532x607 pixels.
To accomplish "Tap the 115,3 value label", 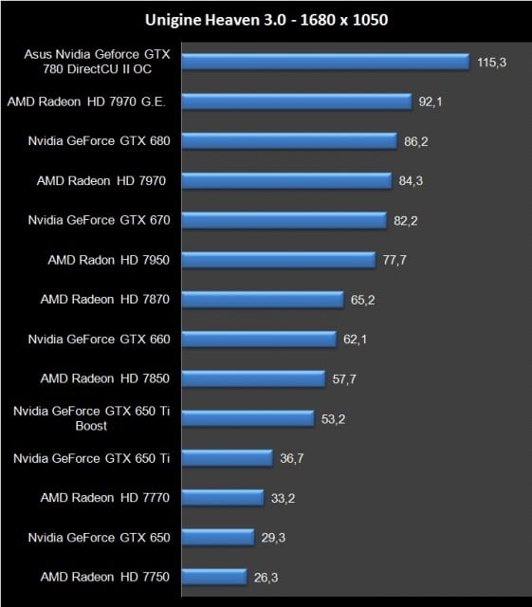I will (x=490, y=61).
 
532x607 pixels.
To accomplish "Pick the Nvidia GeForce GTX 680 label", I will (x=99, y=140).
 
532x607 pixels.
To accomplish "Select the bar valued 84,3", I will (x=285, y=180).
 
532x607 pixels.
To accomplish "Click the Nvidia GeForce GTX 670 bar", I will (x=284, y=220).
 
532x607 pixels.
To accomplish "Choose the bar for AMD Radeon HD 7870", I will (x=262, y=299).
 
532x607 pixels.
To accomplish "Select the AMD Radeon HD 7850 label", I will (x=104, y=377).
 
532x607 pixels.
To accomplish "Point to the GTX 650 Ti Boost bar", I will (x=248, y=418).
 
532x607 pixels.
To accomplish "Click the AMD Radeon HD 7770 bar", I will (x=222, y=497).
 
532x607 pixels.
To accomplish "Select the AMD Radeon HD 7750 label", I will (x=104, y=576).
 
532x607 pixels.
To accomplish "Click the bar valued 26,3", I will (x=215, y=577).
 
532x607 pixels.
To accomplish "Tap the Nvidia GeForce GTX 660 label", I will (x=99, y=339).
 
